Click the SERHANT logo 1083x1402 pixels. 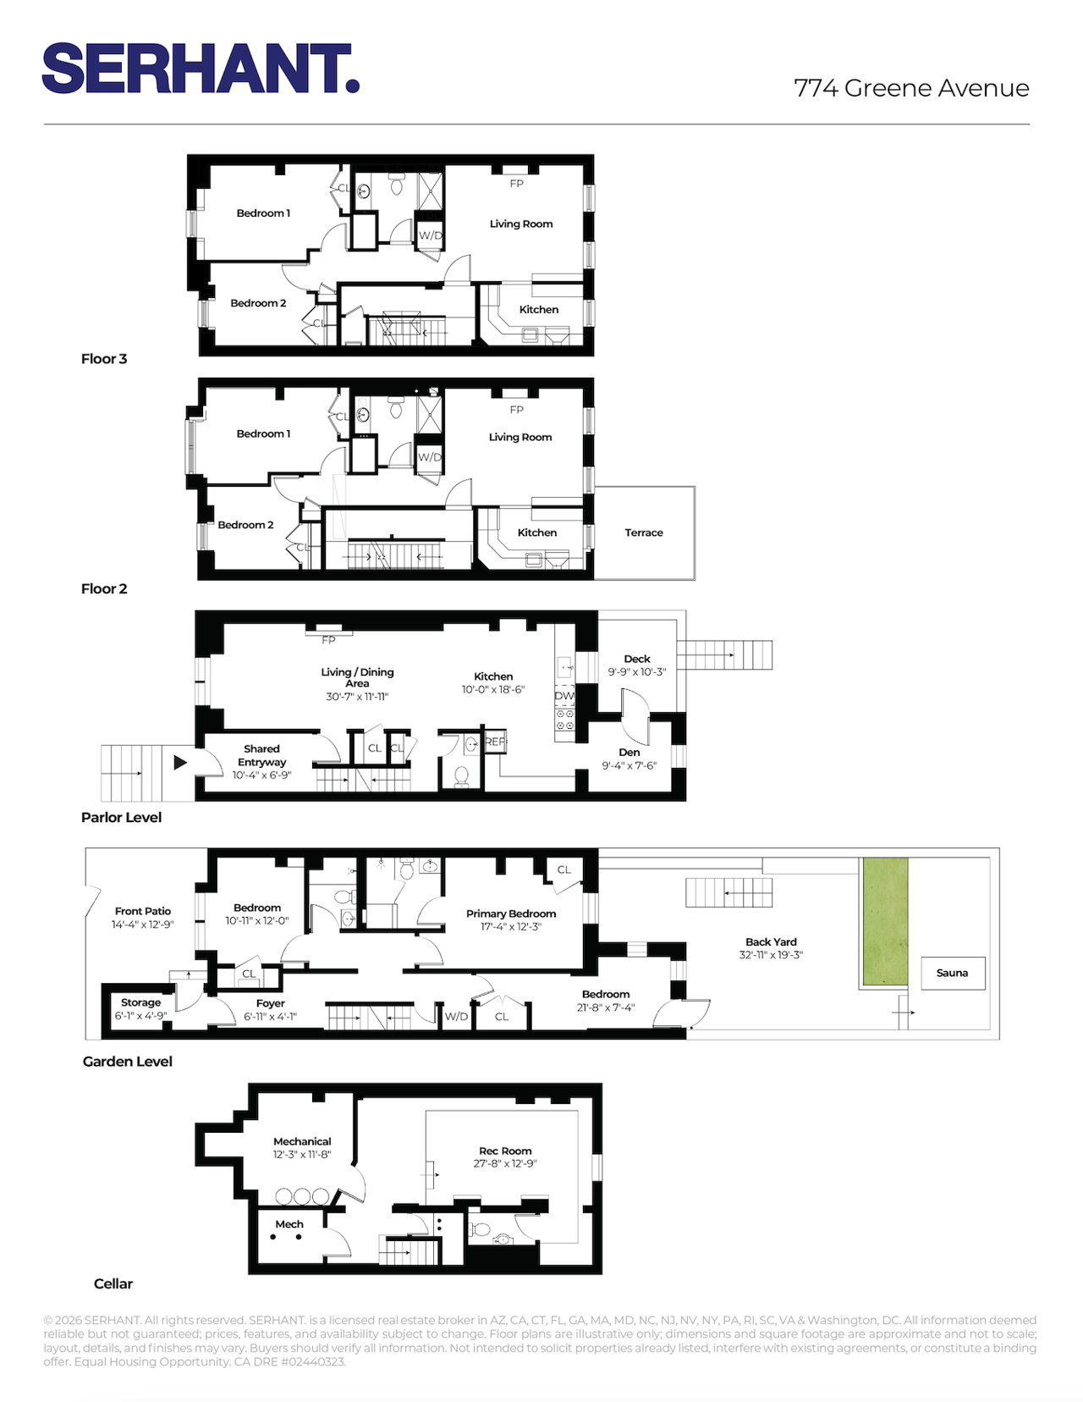201,68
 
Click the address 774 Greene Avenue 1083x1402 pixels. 911,88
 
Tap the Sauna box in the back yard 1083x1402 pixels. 952,973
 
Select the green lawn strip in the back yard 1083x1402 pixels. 885,920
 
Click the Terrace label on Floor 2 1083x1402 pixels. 643,533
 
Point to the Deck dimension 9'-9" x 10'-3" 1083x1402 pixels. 637,671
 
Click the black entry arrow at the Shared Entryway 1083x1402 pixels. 180,763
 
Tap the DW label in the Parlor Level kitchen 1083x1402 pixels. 564,696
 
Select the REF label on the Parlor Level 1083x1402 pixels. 495,742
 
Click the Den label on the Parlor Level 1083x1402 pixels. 629,753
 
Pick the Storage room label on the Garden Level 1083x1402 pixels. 140,1002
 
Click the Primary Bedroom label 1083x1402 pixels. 510,914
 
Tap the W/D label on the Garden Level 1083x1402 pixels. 456,1016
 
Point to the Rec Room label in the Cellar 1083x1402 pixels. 505,1151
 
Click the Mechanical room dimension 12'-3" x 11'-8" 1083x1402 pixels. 302,1154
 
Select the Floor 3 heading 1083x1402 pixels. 104,359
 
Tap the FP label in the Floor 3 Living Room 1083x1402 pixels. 516,184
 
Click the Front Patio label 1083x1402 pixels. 142,911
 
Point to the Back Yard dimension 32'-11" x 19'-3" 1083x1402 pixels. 771,955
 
